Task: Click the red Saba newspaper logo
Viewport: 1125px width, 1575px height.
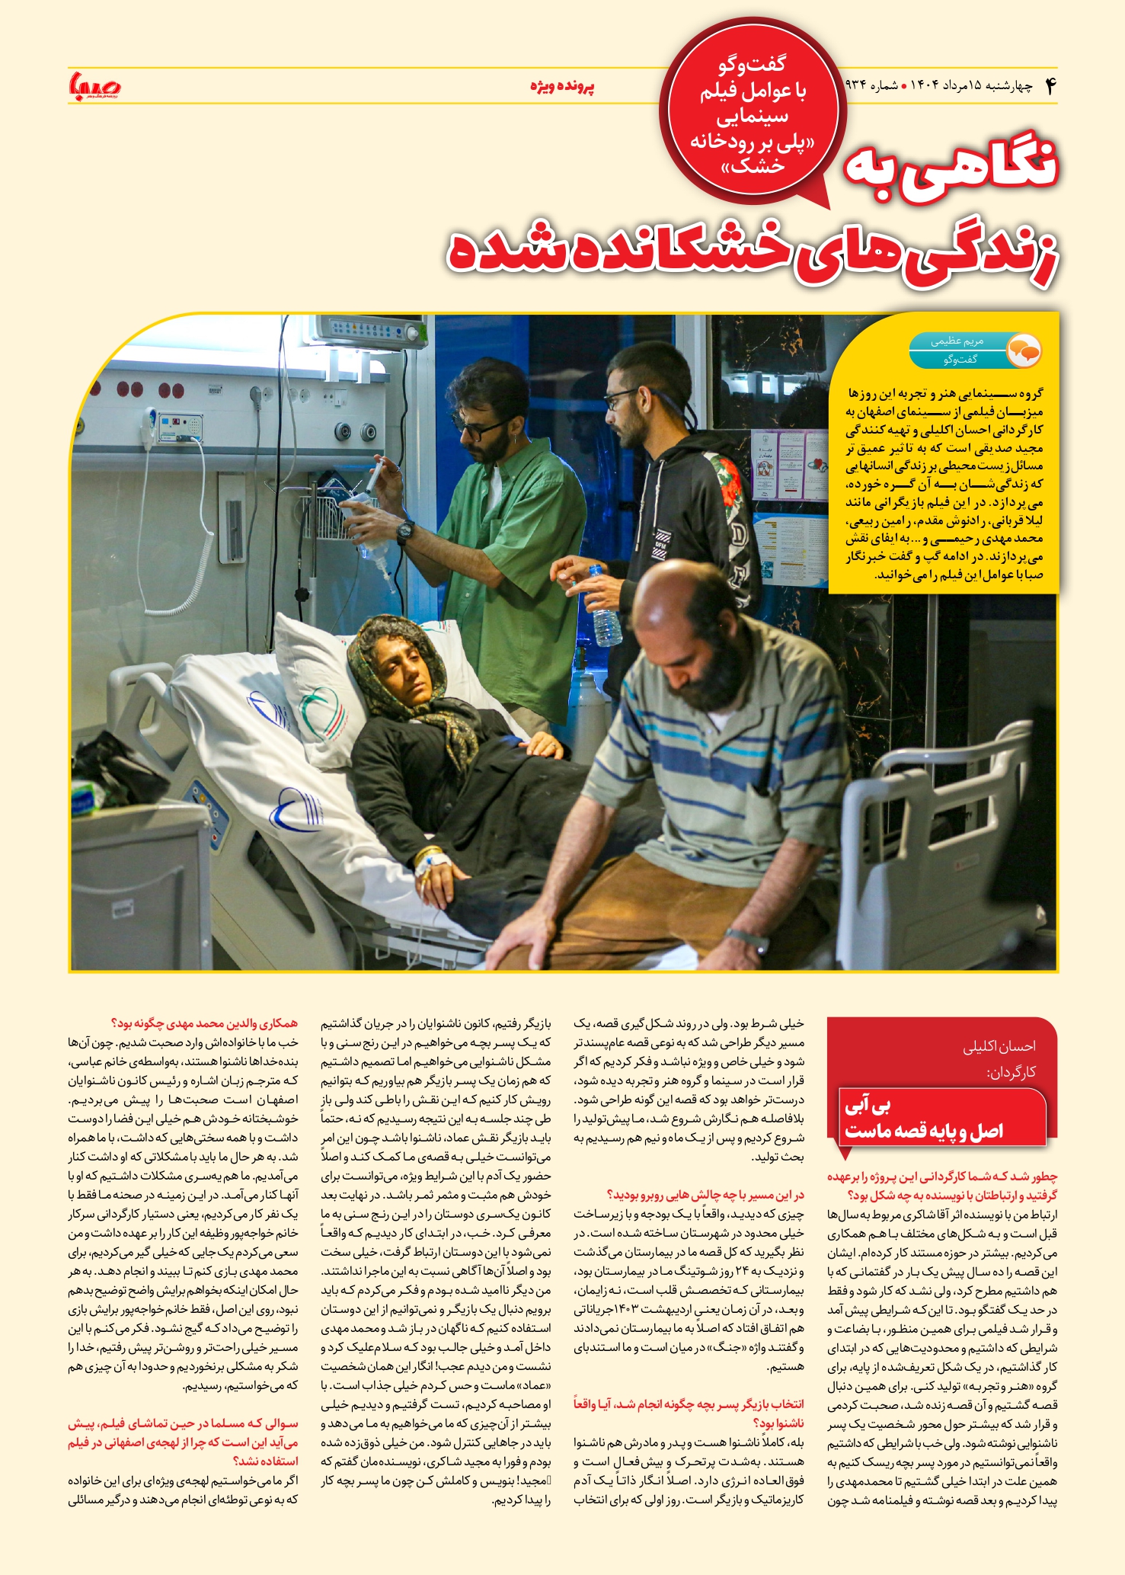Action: point(95,85)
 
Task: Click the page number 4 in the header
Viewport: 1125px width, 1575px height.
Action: point(1050,86)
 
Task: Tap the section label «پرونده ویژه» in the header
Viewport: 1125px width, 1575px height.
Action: point(562,86)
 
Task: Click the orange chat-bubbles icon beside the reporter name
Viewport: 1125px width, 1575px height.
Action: point(1023,351)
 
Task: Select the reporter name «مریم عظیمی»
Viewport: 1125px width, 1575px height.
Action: point(957,341)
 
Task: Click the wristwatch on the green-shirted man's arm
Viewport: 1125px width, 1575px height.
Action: point(404,531)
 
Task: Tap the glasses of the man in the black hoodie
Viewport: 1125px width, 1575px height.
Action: point(621,397)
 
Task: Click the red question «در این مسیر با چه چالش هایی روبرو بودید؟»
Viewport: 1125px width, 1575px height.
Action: point(705,1194)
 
